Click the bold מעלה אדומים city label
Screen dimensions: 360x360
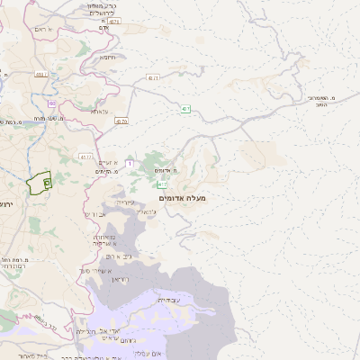182,196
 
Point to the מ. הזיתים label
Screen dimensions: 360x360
106,172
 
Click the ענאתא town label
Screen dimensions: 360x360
99,112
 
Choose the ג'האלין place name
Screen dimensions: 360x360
149,211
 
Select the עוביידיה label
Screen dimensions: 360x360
168,300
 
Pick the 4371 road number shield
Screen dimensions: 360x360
153,79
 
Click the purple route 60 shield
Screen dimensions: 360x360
52,103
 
